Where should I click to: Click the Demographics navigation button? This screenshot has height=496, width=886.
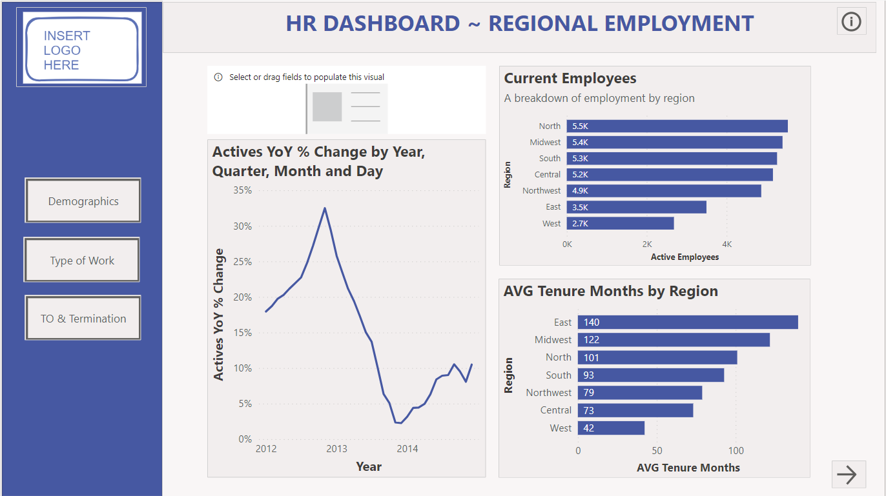click(x=83, y=201)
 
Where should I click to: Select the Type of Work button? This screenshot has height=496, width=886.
click(x=82, y=261)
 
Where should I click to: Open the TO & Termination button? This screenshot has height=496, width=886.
click(x=83, y=319)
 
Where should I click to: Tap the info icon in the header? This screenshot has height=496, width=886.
click(x=851, y=22)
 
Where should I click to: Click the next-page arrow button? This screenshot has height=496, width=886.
click(x=847, y=475)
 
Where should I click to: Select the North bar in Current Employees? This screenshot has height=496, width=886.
click(x=677, y=126)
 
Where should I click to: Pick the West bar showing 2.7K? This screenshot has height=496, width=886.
click(x=620, y=223)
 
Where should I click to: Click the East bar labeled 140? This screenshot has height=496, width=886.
click(x=688, y=322)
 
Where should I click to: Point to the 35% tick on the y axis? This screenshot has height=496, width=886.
click(x=243, y=190)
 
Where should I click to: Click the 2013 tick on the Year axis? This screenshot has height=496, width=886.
click(x=336, y=449)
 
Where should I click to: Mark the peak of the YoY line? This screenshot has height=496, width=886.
click(x=325, y=208)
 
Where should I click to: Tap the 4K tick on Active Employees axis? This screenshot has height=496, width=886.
click(x=727, y=244)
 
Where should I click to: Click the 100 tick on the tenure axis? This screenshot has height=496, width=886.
click(x=736, y=451)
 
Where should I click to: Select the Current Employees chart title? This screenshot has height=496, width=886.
click(x=570, y=79)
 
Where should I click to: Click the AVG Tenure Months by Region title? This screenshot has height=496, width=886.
click(x=610, y=292)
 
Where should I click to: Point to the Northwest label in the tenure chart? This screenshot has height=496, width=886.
click(x=548, y=393)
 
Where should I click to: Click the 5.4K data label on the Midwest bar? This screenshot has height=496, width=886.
click(x=580, y=143)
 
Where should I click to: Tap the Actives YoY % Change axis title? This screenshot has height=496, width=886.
click(x=219, y=315)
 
